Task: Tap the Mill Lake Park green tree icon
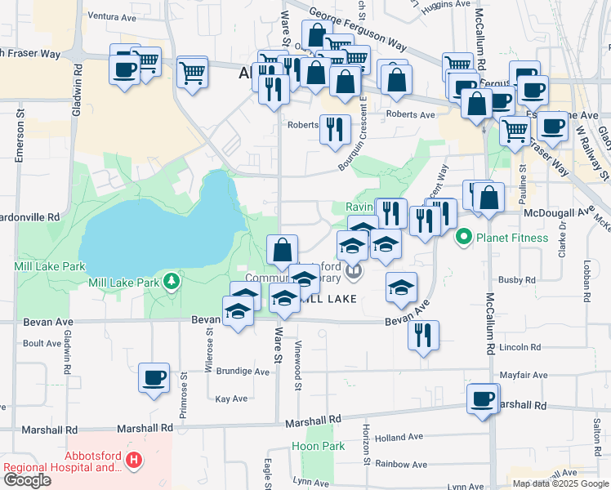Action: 171,283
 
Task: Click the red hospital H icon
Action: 134,462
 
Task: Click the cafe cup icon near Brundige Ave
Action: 154,378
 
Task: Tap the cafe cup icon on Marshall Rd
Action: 483,399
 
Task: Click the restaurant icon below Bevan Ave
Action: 423,335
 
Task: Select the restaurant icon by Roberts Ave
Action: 335,130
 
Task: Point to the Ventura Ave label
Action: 111,16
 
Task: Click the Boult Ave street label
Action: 42,344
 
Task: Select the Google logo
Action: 27,480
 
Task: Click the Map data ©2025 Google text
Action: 560,483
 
